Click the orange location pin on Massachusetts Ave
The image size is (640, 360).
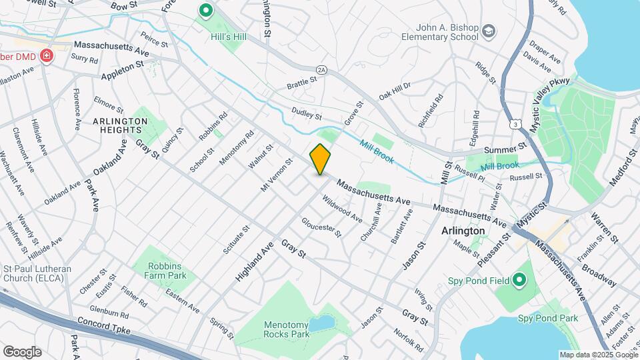click(x=320, y=159)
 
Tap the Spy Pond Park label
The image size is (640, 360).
click(x=547, y=319)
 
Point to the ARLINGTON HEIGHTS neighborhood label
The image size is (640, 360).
click(x=120, y=125)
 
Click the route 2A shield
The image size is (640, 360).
click(x=322, y=69)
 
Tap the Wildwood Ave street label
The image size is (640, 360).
click(x=343, y=208)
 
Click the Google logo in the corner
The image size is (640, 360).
click(x=22, y=351)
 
